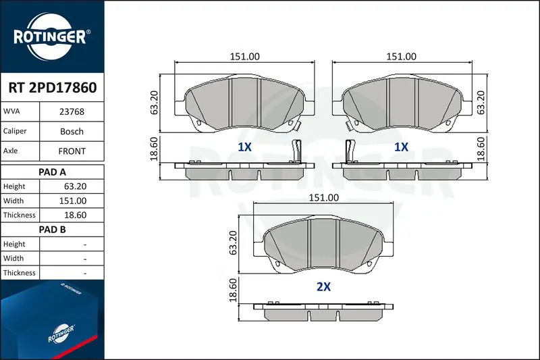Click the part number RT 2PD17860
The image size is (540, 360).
click(53, 88)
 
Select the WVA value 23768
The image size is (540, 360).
click(72, 111)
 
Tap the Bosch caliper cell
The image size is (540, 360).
click(72, 131)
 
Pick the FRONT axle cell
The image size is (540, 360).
click(72, 151)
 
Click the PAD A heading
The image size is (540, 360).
click(52, 172)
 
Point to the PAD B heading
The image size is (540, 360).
click(52, 230)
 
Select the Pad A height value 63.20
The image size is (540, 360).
click(75, 186)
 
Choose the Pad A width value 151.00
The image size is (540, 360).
click(73, 201)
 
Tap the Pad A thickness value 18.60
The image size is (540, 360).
click(75, 215)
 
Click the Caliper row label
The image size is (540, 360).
click(15, 131)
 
